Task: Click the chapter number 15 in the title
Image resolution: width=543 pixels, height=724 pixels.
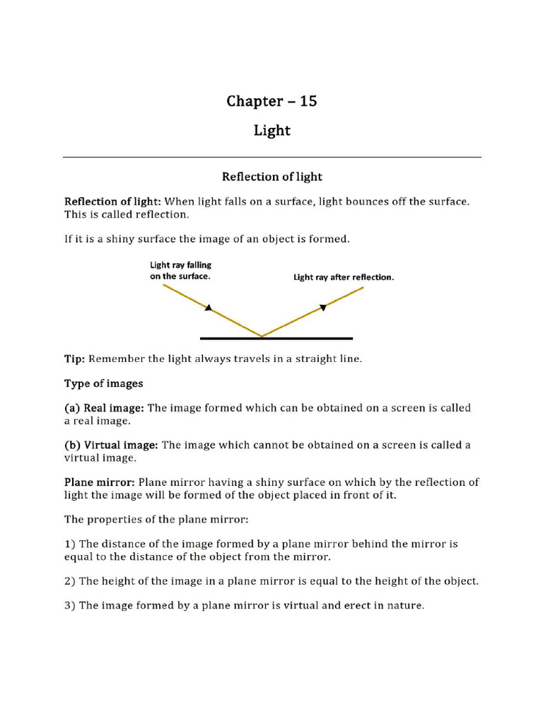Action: point(308,101)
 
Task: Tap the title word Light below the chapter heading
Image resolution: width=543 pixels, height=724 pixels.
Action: point(272,131)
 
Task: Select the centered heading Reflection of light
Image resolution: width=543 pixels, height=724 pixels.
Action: point(272,176)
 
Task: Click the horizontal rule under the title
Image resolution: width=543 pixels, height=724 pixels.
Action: point(272,157)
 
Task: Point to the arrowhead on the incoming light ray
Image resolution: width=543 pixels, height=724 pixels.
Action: point(209,308)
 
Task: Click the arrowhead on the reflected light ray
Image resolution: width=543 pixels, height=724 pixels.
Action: point(323,307)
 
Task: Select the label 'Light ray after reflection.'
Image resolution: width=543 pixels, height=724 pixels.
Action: point(344,278)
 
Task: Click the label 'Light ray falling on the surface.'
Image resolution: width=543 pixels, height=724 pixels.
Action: point(180,271)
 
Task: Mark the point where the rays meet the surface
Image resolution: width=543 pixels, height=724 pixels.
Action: point(262,337)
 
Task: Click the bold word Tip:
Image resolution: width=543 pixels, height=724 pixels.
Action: point(75,359)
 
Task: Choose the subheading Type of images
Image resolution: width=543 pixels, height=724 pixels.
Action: point(104,384)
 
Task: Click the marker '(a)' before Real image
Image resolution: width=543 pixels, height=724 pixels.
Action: point(72,408)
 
